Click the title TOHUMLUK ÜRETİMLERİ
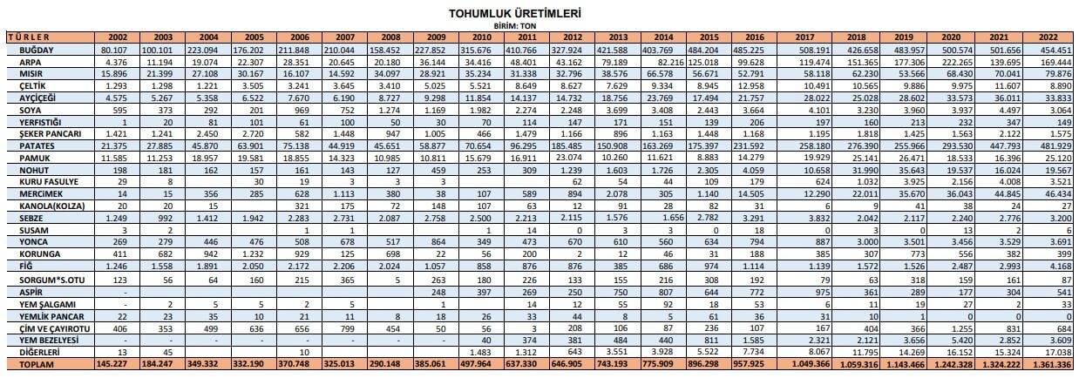pyautogui.click(x=514, y=15)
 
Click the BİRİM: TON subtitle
pyautogui.click(x=514, y=27)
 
